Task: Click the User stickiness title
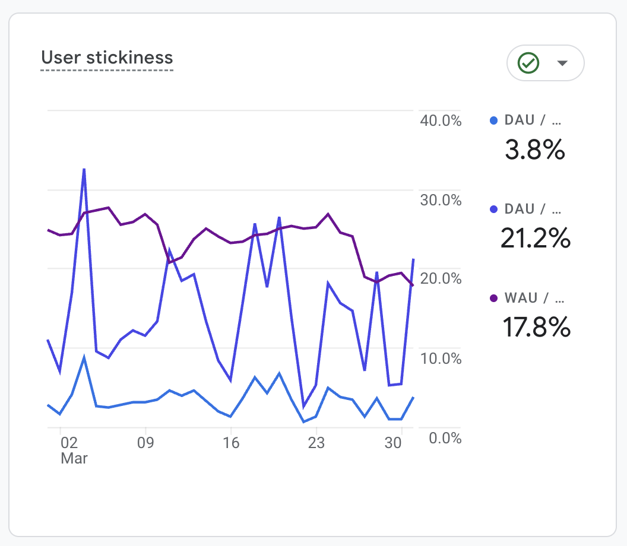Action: [x=107, y=58]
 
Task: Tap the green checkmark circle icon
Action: [x=528, y=62]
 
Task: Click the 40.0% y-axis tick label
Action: [x=441, y=120]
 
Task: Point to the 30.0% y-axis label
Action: [x=441, y=200]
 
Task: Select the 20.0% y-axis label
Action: [x=441, y=279]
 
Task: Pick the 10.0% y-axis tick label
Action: [x=441, y=358]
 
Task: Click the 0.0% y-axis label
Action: [x=444, y=438]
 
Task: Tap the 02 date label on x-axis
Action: [x=69, y=443]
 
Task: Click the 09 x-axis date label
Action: [x=145, y=443]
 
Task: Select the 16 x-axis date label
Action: [x=230, y=443]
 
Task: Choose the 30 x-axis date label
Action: [x=393, y=443]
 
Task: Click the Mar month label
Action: [x=74, y=459]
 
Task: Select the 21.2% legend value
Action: [x=535, y=239]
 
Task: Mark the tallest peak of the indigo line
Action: [x=84, y=169]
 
